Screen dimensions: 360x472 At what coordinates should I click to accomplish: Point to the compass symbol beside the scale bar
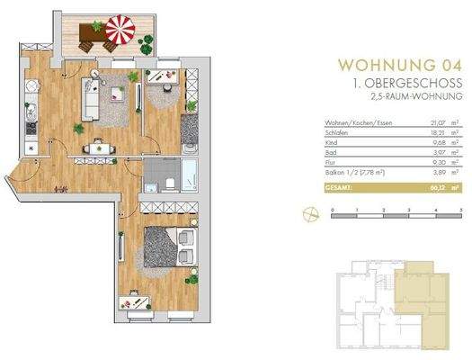309,213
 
